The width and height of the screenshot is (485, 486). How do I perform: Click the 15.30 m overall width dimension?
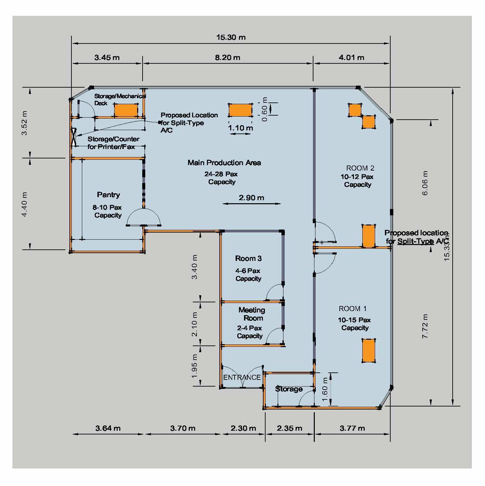point(231,37)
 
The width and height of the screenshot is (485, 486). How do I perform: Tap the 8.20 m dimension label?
point(228,58)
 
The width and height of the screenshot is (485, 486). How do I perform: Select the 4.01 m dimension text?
point(351,58)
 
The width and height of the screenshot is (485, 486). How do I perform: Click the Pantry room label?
point(108,195)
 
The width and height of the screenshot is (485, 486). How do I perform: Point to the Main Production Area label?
point(224,163)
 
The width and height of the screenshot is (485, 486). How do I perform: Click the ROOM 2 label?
point(360,168)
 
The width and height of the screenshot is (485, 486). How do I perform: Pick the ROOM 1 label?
point(353,308)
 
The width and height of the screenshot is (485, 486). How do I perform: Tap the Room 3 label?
point(248,258)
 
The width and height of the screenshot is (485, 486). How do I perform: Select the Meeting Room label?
point(252,314)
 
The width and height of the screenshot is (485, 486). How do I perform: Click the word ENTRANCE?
point(242,377)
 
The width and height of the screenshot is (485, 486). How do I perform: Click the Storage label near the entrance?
point(289,389)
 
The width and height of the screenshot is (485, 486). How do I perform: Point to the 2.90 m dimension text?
point(251,198)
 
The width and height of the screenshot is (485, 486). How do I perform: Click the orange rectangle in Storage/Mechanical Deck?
point(126,110)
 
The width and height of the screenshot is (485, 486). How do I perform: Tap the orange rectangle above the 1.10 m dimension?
point(240,110)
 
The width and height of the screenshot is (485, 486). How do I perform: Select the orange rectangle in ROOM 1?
point(368,351)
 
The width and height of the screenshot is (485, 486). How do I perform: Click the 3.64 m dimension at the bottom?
point(108,428)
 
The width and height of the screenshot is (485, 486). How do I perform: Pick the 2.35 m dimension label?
point(289,428)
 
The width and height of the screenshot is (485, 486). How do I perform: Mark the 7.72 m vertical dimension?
point(425,326)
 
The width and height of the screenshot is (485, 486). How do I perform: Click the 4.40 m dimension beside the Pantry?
point(25,204)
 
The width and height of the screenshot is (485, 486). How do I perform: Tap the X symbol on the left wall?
point(74,137)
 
